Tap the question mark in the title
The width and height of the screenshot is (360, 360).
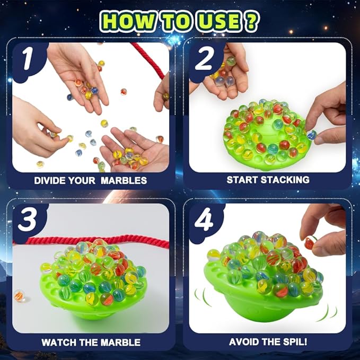tap(252, 21)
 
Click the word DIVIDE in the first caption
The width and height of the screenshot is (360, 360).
tap(52, 180)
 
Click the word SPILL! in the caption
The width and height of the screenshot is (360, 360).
tap(292, 342)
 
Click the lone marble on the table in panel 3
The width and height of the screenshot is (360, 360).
tap(19, 295)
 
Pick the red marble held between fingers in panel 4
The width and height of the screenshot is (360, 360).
tap(309, 243)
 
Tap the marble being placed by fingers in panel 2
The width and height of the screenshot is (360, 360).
tap(311, 135)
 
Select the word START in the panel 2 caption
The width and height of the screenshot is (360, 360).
tap(244, 180)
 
